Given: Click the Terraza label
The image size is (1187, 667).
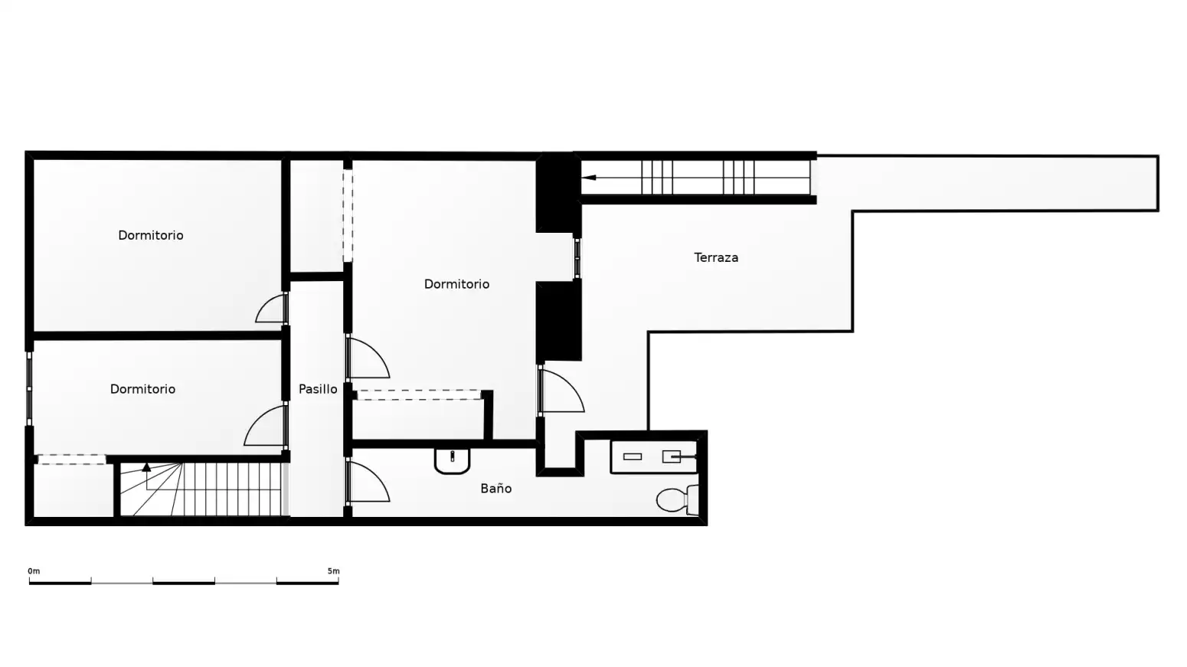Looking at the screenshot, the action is [716, 257].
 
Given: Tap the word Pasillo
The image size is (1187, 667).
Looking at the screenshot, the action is [318, 389].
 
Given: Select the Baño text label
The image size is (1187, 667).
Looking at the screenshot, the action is [496, 489].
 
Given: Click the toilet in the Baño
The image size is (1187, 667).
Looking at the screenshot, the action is [677, 499].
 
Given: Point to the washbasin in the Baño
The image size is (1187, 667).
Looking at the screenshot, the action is [452, 460].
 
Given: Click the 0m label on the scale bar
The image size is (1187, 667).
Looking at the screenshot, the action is [34, 571].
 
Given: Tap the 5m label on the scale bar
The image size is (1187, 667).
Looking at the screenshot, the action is [333, 571].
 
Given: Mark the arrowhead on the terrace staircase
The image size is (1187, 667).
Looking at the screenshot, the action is [589, 178].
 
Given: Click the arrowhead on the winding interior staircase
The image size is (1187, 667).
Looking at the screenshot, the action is [147, 467].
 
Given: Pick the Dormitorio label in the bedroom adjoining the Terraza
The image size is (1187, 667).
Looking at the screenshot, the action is [456, 285].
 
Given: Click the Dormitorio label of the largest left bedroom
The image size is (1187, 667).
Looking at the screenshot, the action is [151, 236].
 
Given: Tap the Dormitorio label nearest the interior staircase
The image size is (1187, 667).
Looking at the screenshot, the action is [142, 389].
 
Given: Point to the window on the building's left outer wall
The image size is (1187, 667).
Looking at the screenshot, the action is [29, 388].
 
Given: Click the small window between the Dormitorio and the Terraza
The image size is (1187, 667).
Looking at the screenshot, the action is [577, 259].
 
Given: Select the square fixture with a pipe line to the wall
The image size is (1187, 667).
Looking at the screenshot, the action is [672, 456].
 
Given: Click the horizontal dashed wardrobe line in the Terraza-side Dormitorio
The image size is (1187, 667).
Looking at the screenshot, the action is [419, 394].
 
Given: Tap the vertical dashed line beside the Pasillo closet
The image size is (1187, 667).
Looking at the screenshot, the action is [348, 215].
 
